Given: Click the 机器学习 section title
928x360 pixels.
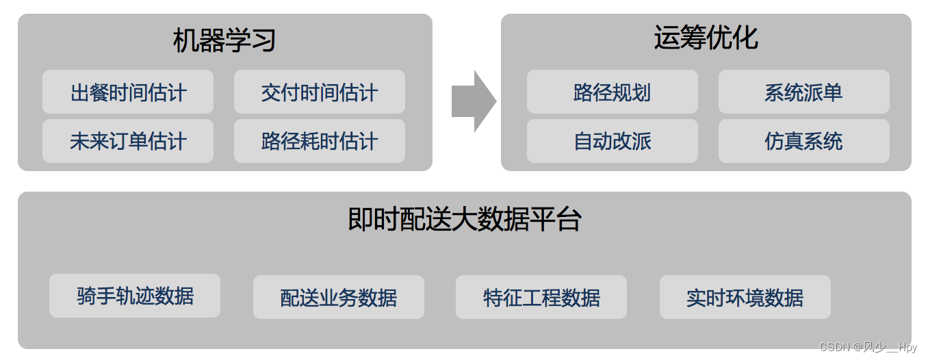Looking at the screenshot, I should pos(224,41).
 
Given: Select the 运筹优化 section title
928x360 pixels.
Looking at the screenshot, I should pos(706,38).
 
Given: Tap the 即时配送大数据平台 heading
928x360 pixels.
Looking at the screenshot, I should pos(465,220).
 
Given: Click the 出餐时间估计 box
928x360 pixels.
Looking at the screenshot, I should pos(128,92).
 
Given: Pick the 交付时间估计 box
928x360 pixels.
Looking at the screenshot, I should pos(320,92).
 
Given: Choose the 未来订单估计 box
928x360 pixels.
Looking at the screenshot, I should pos(128,141).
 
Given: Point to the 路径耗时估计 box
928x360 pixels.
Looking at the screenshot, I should pos(320,141).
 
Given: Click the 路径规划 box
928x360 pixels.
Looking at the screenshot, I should pos(613,92).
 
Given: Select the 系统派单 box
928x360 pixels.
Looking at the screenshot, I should pos(804,92).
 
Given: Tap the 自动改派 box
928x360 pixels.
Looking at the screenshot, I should pos(613,141).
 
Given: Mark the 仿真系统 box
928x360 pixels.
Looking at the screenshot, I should pos(804,141).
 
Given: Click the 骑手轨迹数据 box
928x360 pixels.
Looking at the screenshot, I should pos(135,296).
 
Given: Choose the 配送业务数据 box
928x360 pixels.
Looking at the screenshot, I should pos(339,297).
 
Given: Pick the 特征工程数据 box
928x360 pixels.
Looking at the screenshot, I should pos(541,297).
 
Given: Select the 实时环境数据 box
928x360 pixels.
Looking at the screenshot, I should pos(745,297).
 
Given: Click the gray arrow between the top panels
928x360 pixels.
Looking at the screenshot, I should pos(472,101).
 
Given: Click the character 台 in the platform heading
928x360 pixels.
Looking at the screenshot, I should pos(569,220).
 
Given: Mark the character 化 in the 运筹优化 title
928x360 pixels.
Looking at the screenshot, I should pos(745,38).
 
